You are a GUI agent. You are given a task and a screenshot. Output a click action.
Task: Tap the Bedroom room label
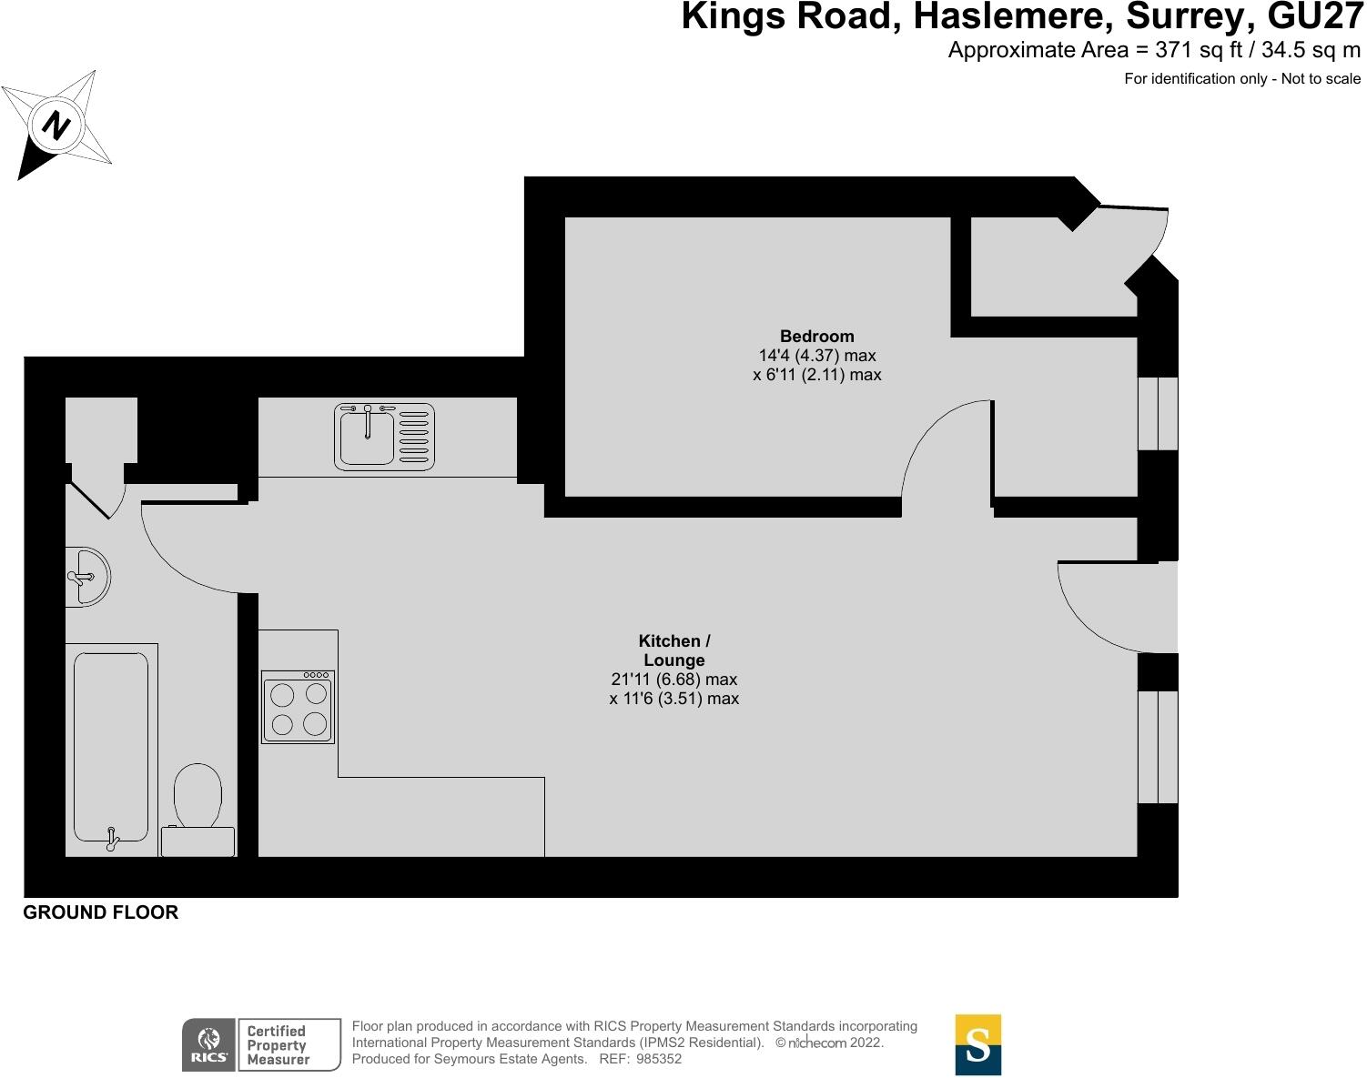pos(816,336)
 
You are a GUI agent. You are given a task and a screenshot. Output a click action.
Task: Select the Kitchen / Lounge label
pos(673,650)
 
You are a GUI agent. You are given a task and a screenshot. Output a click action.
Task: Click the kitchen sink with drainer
pos(384,437)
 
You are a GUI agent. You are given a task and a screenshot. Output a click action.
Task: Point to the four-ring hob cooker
pos(298,707)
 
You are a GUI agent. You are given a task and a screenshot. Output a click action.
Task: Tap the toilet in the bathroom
pos(197,809)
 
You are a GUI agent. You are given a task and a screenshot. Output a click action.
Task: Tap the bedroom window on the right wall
pos(1158,413)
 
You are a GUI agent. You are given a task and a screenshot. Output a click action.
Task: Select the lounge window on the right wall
pos(1158,747)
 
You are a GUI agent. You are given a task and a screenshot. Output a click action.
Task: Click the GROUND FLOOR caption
pos(100,912)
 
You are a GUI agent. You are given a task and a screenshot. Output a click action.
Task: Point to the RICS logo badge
pos(208,1045)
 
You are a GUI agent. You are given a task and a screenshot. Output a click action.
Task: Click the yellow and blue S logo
pos(977,1044)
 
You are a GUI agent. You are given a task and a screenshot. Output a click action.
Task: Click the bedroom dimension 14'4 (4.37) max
pos(816,355)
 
